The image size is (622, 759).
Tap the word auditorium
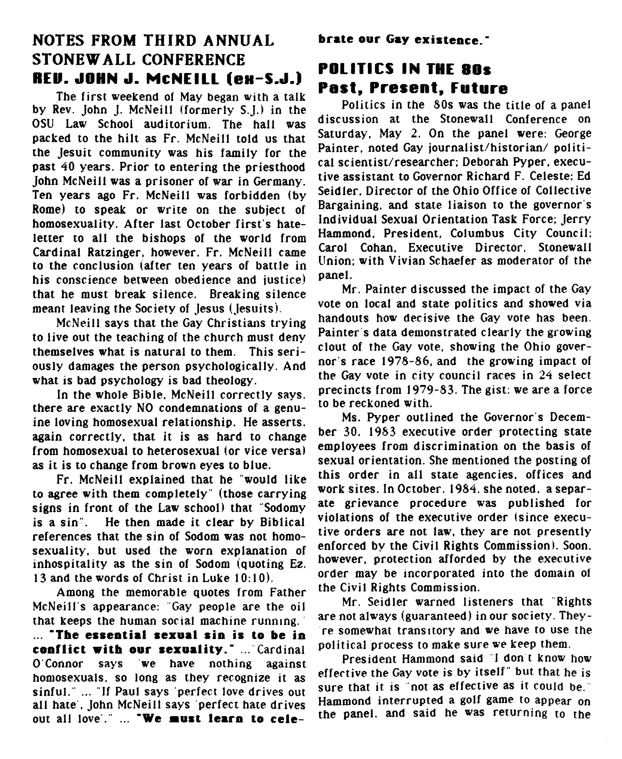tap(176, 125)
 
